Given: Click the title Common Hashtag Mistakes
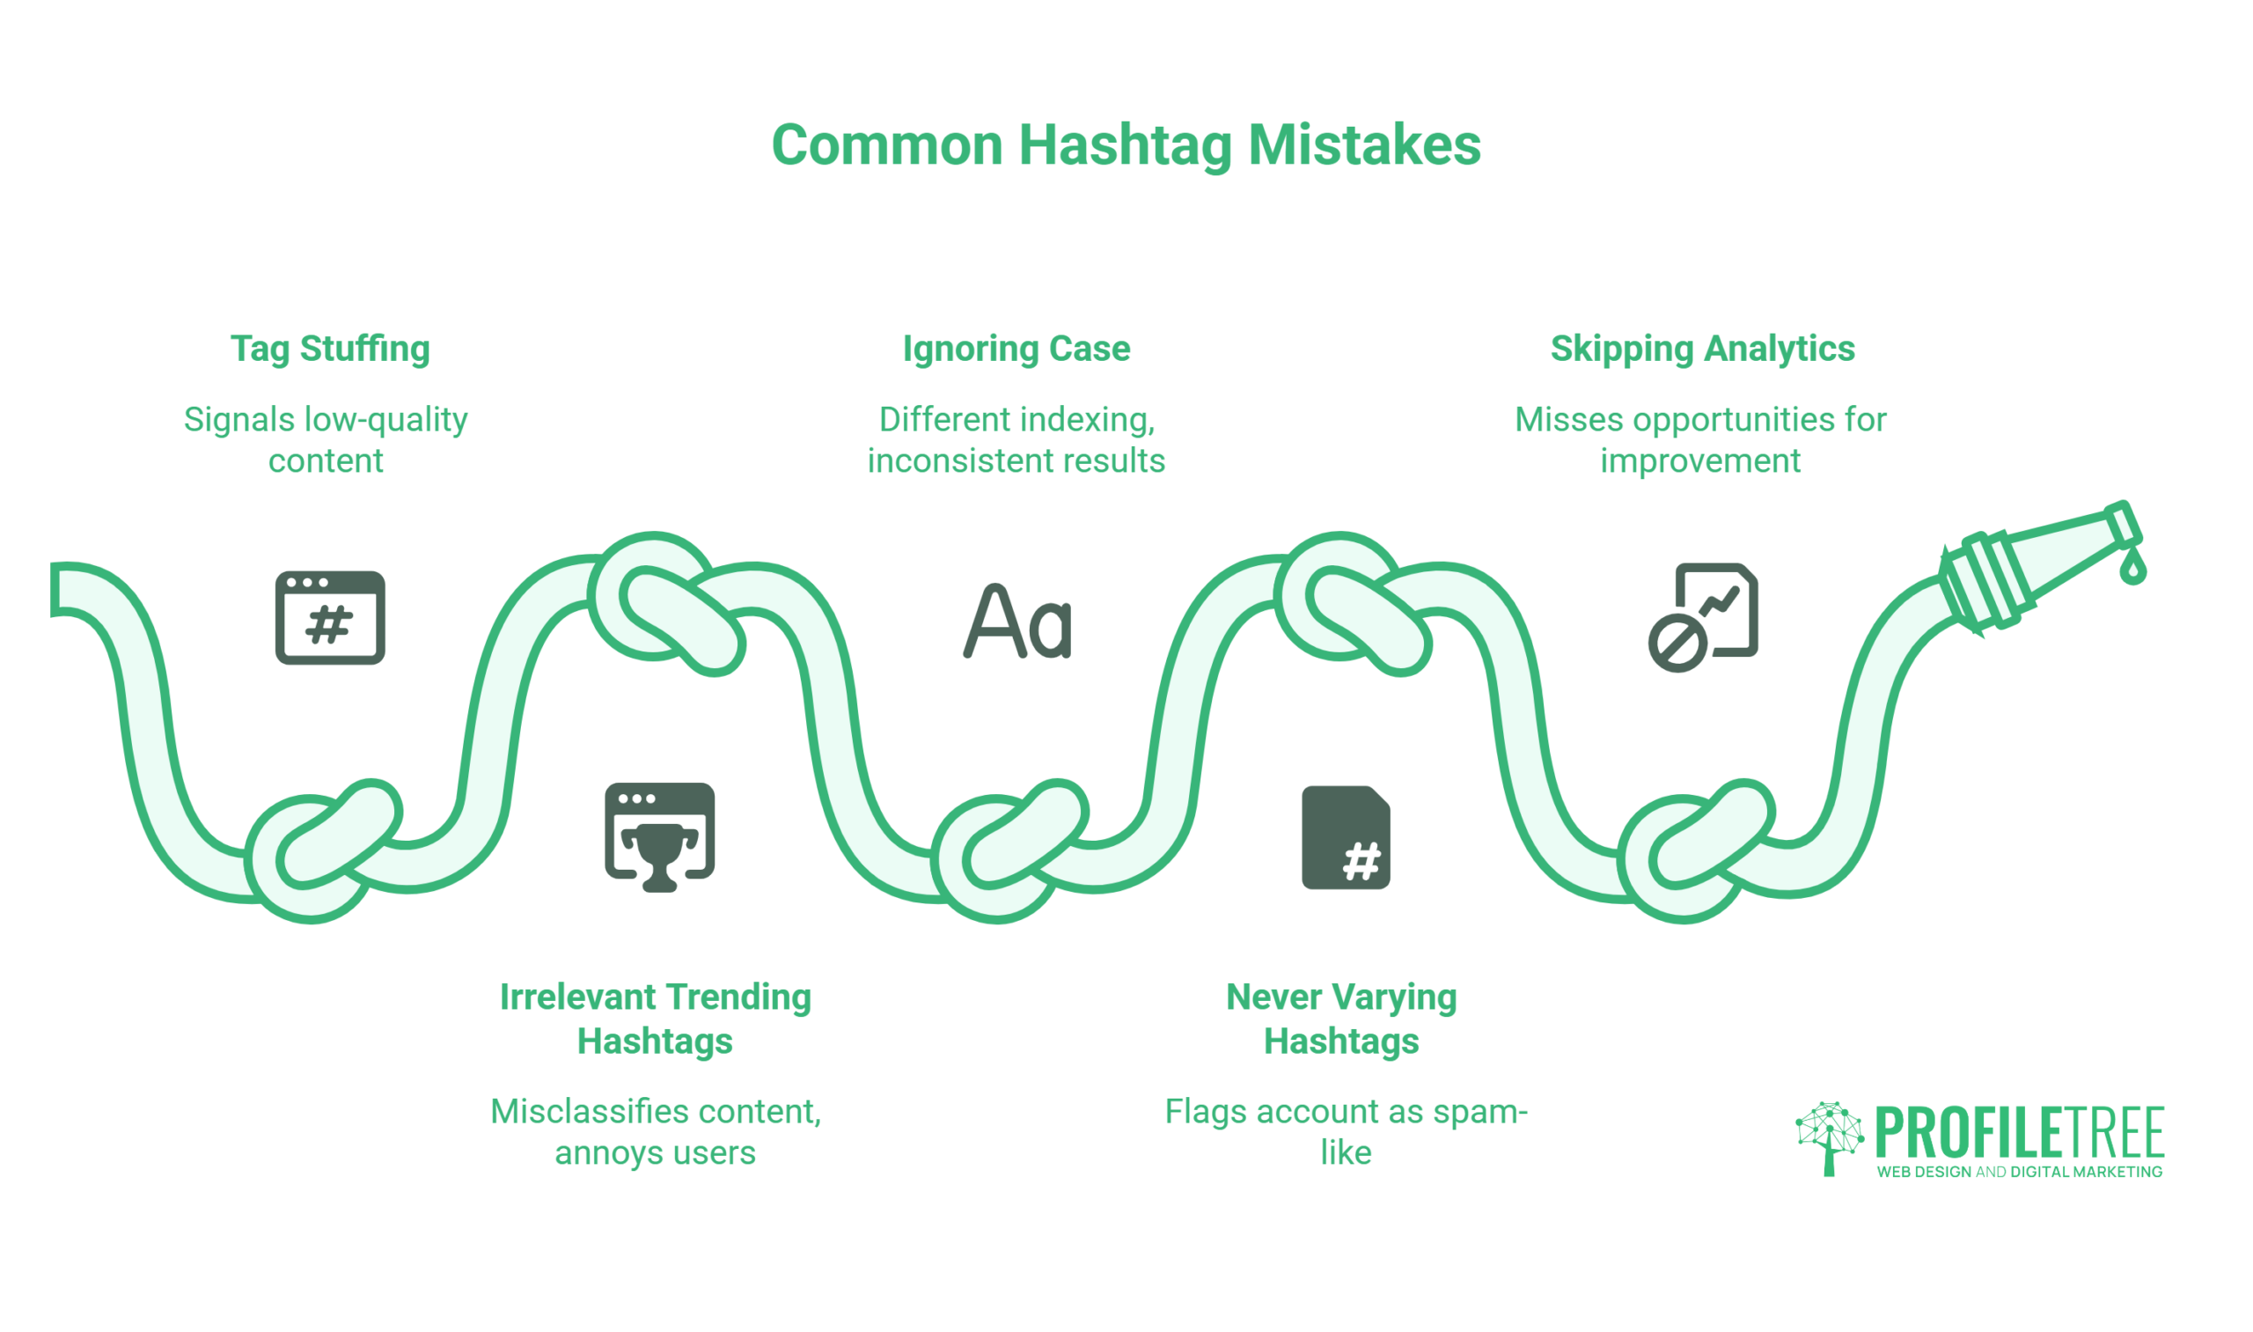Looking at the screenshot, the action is pyautogui.click(x=1126, y=145).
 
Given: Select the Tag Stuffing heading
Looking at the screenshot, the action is pyautogui.click(x=330, y=349).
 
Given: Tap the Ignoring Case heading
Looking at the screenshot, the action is pyautogui.click(x=1016, y=349).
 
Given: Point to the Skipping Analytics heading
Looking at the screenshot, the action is pyautogui.click(x=1702, y=349).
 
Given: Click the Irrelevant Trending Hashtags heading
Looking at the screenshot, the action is pyautogui.click(x=655, y=1019).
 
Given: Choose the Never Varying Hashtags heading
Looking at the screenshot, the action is pyautogui.click(x=1341, y=1019).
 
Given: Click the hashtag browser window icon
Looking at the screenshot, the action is pyautogui.click(x=330, y=617).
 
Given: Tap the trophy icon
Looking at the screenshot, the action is pyautogui.click(x=659, y=858).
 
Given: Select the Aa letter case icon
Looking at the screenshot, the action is pyautogui.click(x=1017, y=622).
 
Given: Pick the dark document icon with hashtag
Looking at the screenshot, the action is pyautogui.click(x=1346, y=837).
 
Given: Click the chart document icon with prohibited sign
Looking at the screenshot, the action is pyautogui.click(x=1703, y=617).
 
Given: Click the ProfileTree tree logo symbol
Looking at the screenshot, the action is pyautogui.click(x=1830, y=1138).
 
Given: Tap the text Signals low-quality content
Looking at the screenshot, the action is pyautogui.click(x=326, y=440).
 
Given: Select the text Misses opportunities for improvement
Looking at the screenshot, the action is pyautogui.click(x=1700, y=440).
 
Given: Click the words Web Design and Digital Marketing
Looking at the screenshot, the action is pyautogui.click(x=2020, y=1173).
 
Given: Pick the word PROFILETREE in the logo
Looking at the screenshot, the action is pyautogui.click(x=2020, y=1133).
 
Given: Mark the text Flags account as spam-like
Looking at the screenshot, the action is pyautogui.click(x=1346, y=1132).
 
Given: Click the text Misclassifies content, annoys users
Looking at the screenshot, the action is pyautogui.click(x=655, y=1132).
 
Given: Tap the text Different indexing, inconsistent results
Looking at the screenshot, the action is pyautogui.click(x=1016, y=440).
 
